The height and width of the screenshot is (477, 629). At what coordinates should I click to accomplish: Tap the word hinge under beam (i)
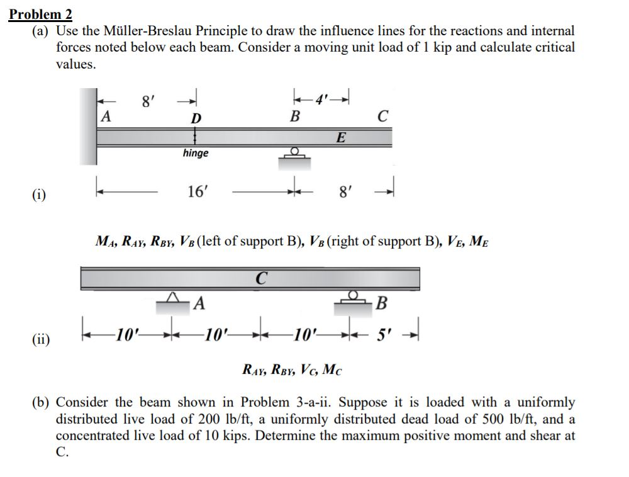point(196,153)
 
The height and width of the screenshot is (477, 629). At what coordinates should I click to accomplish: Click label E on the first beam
point(340,138)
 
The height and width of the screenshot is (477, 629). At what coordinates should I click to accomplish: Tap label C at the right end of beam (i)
point(383,116)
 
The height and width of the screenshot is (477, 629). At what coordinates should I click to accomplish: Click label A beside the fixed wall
point(106,116)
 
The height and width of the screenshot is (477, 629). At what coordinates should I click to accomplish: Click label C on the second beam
point(262,277)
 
